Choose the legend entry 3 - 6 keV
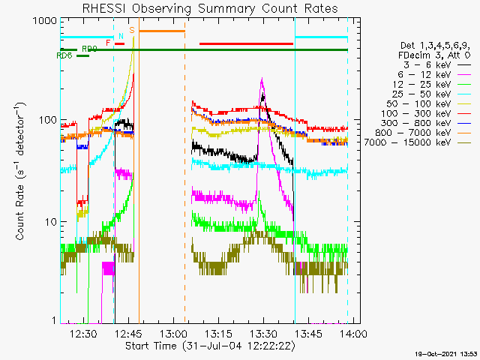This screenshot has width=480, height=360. [x=420, y=65]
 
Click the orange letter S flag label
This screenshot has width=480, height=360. [x=132, y=30]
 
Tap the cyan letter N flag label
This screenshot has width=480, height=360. [x=121, y=36]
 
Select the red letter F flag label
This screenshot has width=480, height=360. [x=109, y=43]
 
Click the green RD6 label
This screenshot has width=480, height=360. [x=64, y=55]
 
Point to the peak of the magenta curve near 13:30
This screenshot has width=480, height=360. [x=261, y=79]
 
